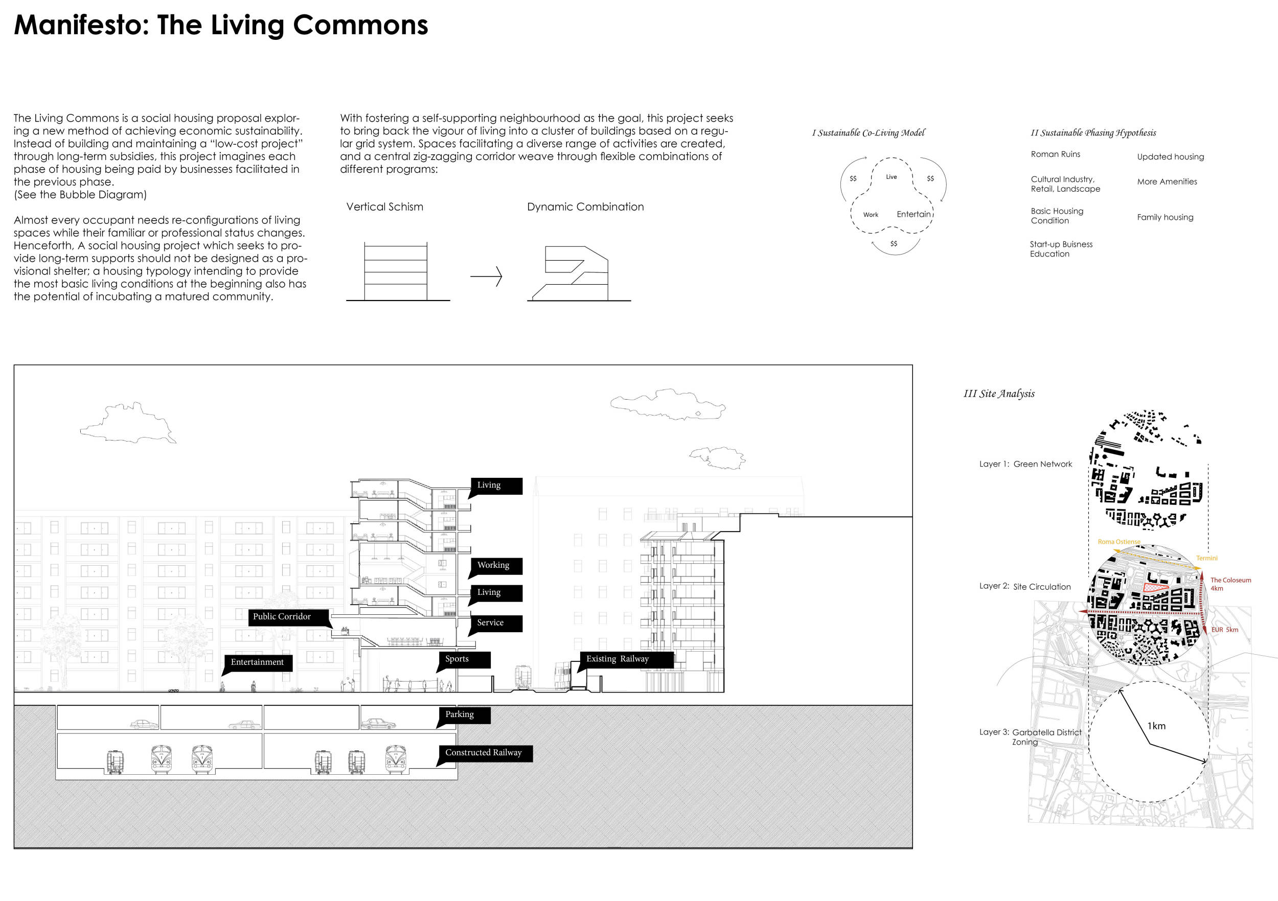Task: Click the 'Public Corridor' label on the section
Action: (x=282, y=617)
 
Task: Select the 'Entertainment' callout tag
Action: (x=257, y=662)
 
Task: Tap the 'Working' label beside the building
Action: (x=493, y=565)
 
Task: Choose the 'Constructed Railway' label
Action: (x=484, y=753)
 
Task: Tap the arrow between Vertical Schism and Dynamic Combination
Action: (x=486, y=276)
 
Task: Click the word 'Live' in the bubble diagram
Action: (x=891, y=177)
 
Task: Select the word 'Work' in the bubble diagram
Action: (x=871, y=215)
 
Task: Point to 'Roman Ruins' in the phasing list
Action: (x=1055, y=154)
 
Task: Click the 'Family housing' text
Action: (x=1165, y=217)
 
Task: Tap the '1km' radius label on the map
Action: (x=1156, y=726)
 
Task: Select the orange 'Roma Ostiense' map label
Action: (x=1119, y=542)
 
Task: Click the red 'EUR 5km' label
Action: (x=1224, y=630)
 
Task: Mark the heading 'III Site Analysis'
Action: (x=999, y=394)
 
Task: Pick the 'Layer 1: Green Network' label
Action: (x=1025, y=464)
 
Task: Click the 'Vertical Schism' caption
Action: (x=384, y=207)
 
